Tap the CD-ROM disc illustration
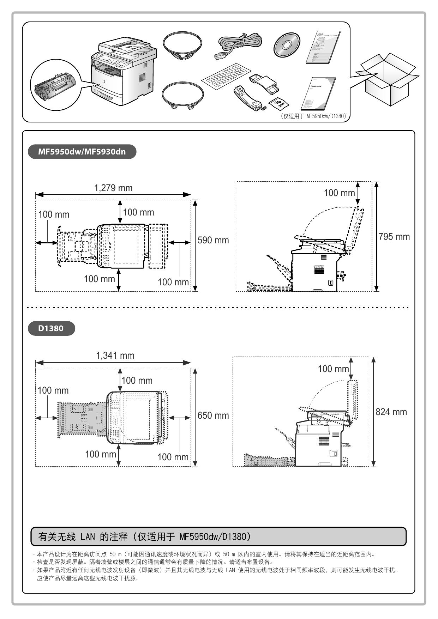coord(286,45)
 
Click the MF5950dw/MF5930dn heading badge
coord(82,152)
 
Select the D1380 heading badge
coord(51,328)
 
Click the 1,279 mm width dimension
coord(113,188)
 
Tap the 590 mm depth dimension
coord(213,240)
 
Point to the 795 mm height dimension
coord(394,237)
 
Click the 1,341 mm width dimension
coord(115,356)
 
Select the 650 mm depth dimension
coord(213,415)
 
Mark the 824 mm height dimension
coord(391,412)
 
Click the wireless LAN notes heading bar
coord(218,536)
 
